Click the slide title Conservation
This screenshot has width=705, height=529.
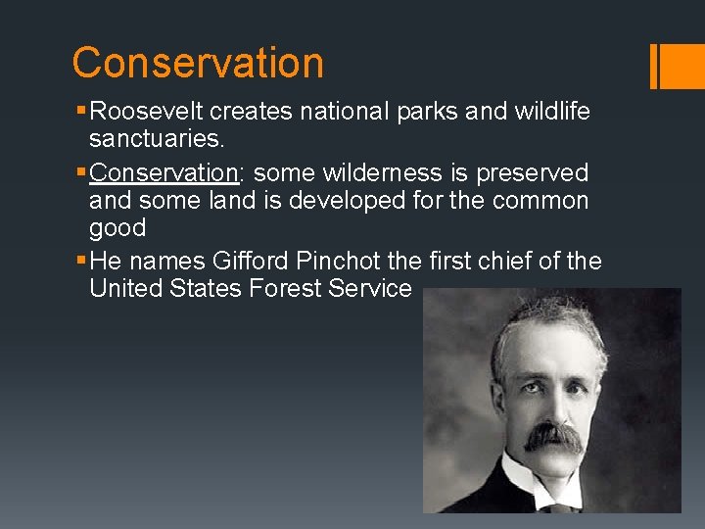coord(197,63)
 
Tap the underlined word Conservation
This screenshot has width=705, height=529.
coord(164,173)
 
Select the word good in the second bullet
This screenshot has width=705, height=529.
coord(117,228)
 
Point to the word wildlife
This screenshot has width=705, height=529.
coord(554,112)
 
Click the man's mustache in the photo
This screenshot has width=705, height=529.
coord(552,436)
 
